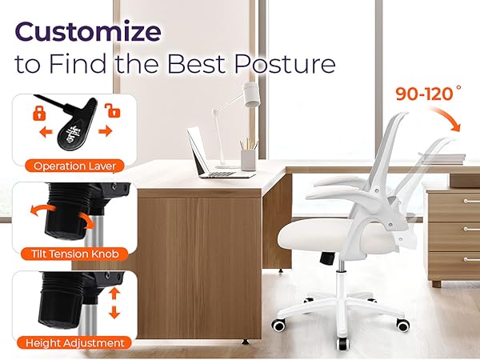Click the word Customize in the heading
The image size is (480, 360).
coord(87,33)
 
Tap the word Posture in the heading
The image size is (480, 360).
coord(280,63)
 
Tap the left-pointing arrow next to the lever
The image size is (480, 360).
coord(46,131)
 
